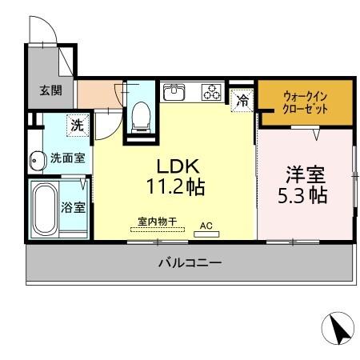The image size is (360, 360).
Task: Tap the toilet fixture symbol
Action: point(141,117)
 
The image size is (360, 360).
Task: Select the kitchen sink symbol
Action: point(174,92)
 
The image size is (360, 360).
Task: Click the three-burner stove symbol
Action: point(211,92)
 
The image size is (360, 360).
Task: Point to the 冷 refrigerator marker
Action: point(241,99)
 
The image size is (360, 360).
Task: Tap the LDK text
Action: point(177,166)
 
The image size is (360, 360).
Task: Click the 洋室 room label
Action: point(305,171)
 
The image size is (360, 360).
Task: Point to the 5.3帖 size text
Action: point(303,194)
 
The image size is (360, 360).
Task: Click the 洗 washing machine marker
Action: point(77,125)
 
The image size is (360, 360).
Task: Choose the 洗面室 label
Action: point(67,158)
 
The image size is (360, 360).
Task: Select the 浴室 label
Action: point(73,207)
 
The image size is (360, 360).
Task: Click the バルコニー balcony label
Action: point(190,262)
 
